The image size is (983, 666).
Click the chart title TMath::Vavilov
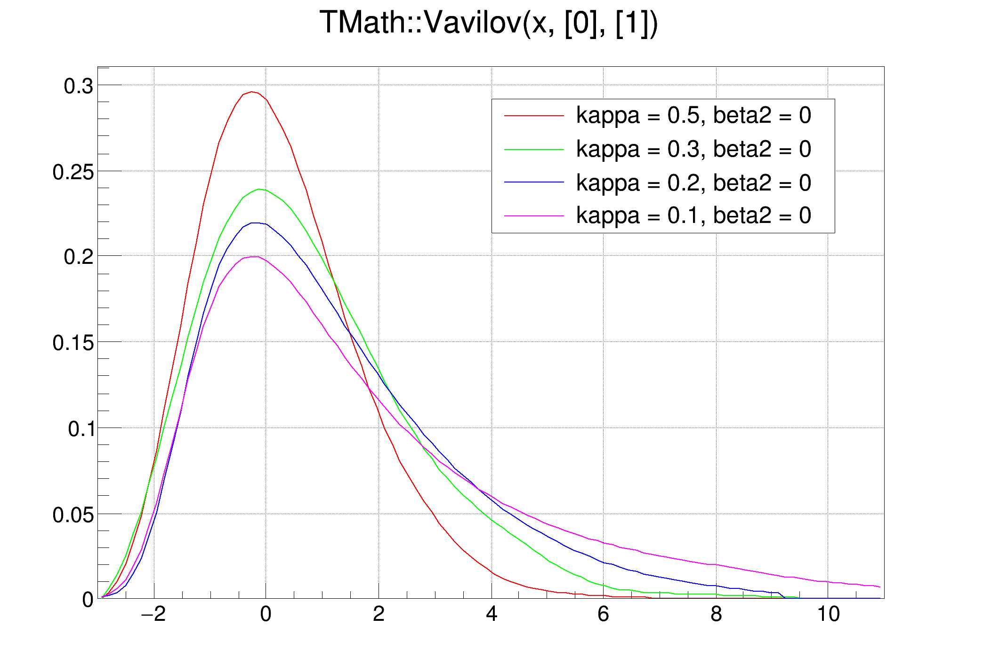488,23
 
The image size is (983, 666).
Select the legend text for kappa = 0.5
693,116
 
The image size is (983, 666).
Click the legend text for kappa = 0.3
693,149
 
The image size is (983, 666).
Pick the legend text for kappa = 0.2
693,182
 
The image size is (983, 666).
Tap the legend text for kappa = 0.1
693,215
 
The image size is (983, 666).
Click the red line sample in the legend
534,116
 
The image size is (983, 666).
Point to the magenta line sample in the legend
534,216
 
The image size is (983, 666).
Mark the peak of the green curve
259,189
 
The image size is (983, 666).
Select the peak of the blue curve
255,223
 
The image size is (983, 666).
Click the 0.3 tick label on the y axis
79,87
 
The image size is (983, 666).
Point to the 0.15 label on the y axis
73,343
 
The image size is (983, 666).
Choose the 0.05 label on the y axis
73,515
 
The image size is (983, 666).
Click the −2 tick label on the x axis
153,614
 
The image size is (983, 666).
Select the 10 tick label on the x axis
828,614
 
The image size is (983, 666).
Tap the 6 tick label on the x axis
603,614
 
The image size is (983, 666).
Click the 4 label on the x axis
491,614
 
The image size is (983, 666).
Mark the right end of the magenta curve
879,587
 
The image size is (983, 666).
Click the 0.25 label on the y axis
73,172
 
